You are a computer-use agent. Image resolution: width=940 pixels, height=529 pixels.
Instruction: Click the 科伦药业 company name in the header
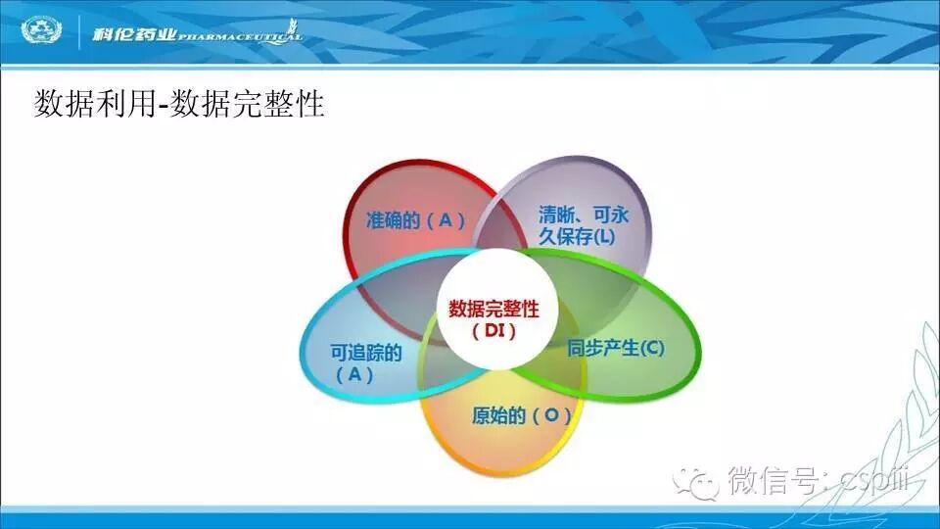coord(134,33)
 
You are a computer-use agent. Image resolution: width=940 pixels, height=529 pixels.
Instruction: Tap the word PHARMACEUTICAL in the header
coord(240,37)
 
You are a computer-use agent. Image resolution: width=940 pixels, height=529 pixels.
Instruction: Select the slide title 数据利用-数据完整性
coord(179,104)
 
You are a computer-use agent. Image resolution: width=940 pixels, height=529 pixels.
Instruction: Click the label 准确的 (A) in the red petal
coord(415,220)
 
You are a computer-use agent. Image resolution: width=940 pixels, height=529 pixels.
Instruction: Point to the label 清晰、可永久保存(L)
coord(582,225)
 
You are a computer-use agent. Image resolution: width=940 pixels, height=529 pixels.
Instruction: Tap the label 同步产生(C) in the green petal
coord(616,347)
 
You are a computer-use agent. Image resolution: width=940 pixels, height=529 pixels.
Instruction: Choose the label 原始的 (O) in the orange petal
coord(521,415)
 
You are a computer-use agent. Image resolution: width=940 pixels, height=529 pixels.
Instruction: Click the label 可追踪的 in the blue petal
coord(365,353)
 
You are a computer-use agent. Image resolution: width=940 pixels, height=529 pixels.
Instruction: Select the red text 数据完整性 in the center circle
coord(493,309)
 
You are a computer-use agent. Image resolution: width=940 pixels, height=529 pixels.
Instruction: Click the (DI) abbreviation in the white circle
coord(493,330)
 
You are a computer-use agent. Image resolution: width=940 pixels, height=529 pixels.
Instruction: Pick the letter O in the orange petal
coord(550,415)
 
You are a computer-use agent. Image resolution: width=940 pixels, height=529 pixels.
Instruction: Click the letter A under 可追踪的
coord(354,375)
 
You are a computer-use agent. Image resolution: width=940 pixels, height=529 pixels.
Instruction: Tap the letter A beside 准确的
coord(446,220)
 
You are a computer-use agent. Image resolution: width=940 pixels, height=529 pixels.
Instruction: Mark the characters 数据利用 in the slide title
coord(95,104)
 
